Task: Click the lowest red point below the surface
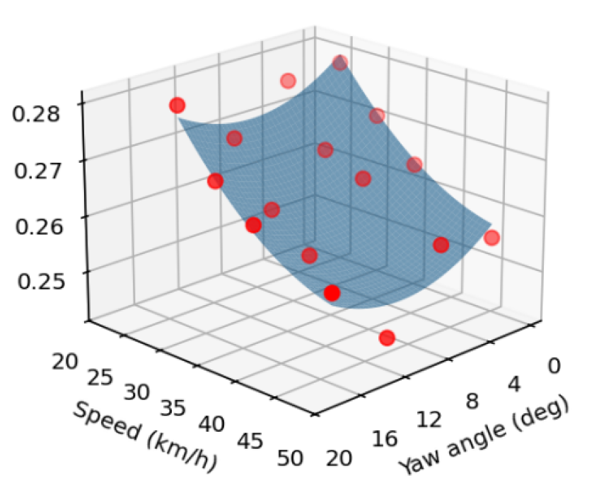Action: pyautogui.click(x=387, y=338)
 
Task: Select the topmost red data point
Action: pyautogui.click(x=340, y=63)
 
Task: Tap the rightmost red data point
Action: pyautogui.click(x=491, y=238)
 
